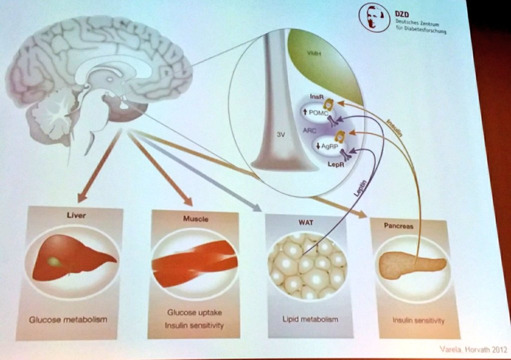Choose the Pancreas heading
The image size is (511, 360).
pos(398,226)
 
